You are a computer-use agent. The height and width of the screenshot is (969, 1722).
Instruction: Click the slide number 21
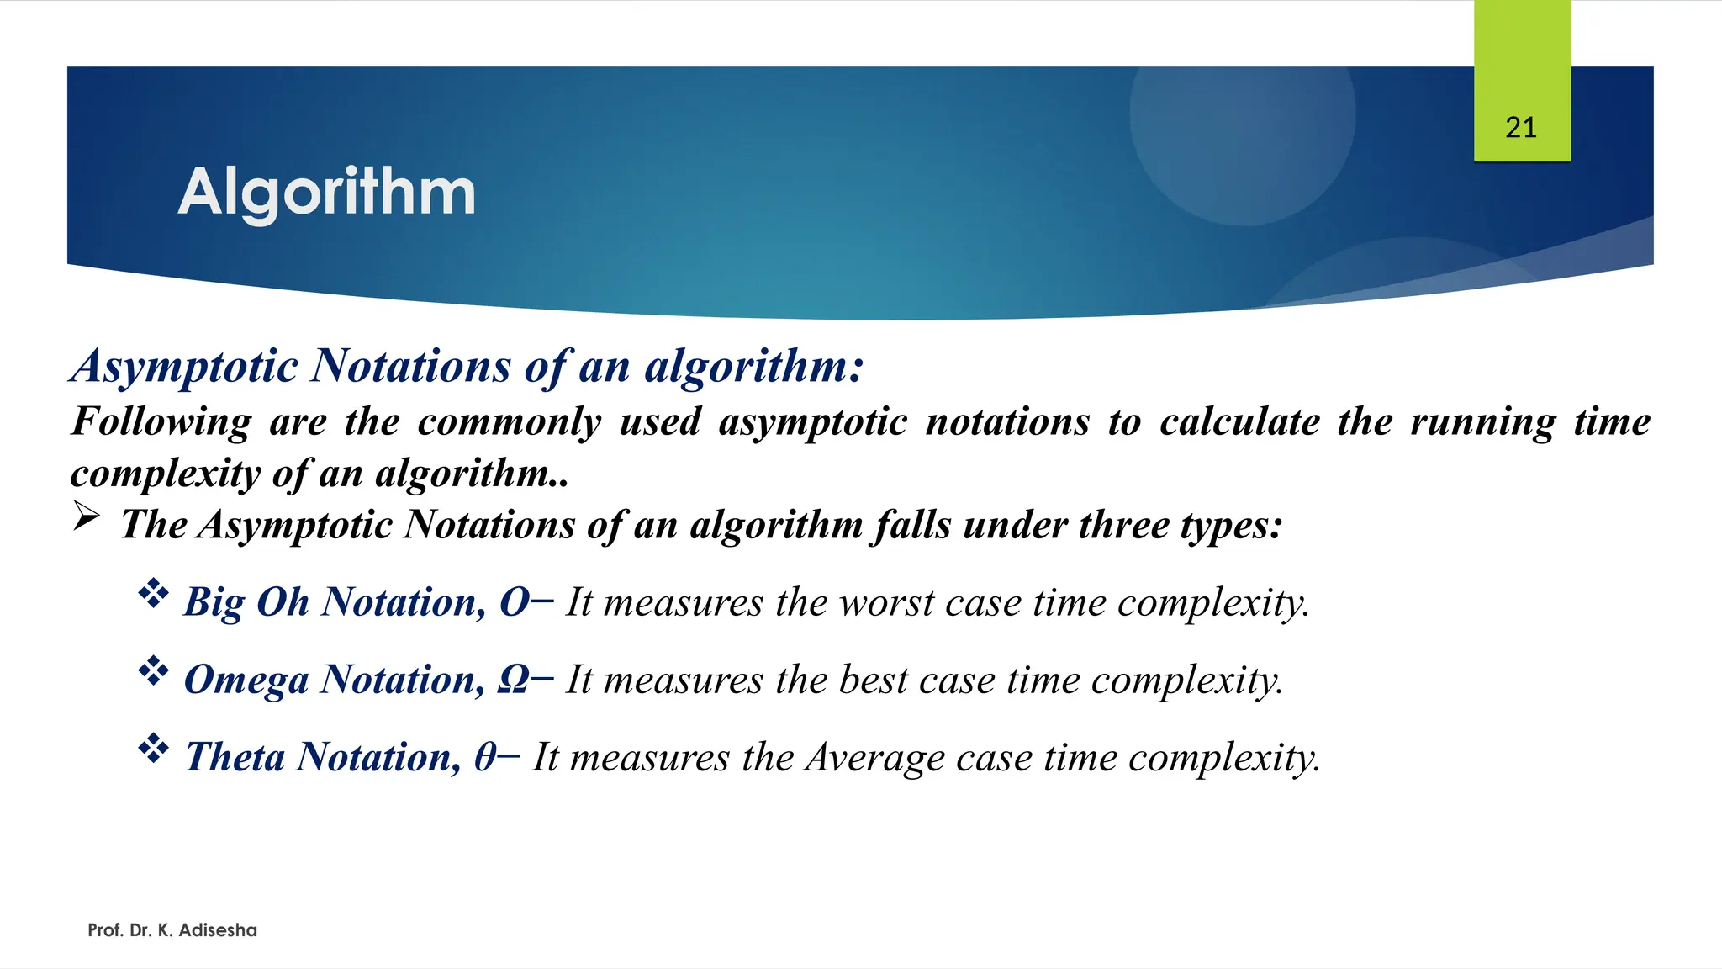(x=1521, y=128)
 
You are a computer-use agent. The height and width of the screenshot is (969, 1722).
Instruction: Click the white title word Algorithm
(x=326, y=193)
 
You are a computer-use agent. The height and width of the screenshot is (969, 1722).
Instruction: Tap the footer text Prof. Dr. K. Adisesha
(x=172, y=930)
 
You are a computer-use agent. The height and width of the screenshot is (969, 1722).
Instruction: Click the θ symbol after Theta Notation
(x=485, y=757)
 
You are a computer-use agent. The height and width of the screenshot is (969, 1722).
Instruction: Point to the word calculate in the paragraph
(x=1239, y=421)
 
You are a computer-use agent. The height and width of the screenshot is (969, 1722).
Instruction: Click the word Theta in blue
(x=235, y=757)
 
